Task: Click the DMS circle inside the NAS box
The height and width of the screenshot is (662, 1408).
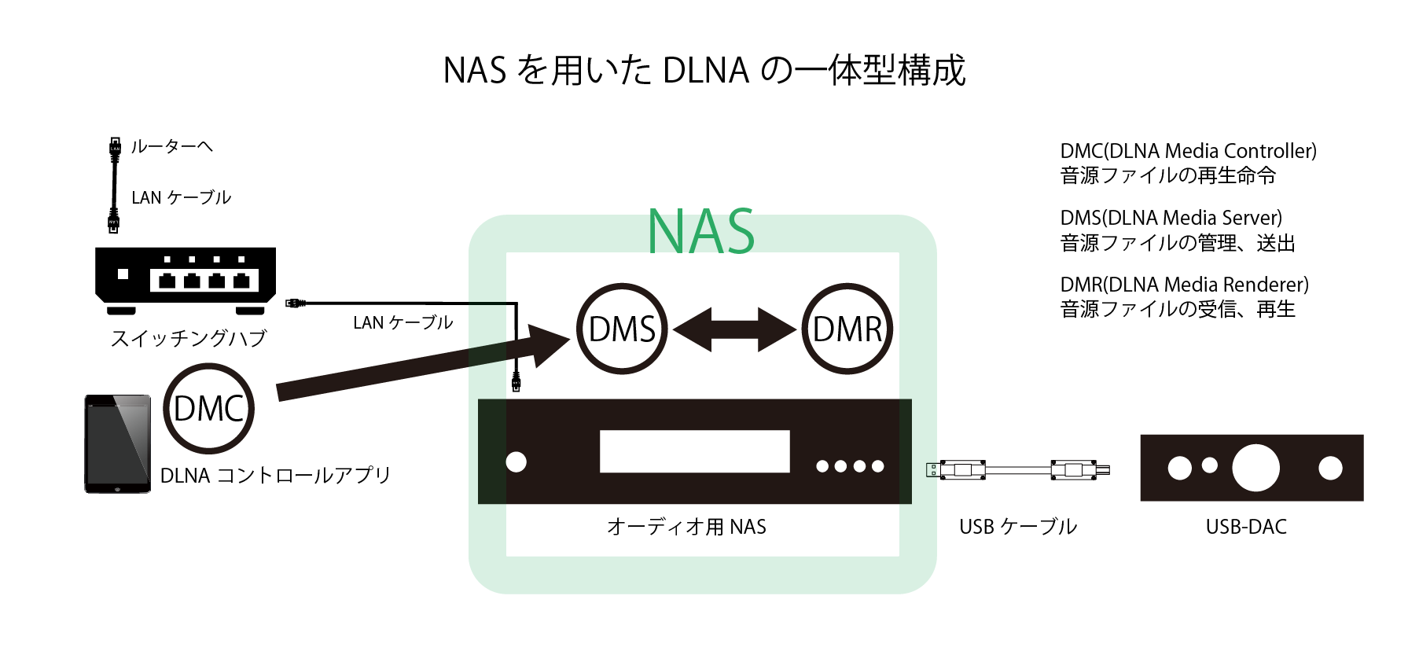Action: coord(622,329)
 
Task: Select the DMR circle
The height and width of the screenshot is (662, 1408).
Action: coord(847,329)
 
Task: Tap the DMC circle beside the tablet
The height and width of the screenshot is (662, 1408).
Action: coord(208,408)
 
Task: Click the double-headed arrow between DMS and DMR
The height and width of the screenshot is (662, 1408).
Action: coord(734,329)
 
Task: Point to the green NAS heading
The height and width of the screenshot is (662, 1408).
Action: coord(700,232)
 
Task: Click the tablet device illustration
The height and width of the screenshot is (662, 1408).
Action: coord(118,443)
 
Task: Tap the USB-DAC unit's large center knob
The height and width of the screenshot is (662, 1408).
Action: coord(1255,468)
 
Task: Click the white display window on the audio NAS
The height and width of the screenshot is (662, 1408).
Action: coord(694,451)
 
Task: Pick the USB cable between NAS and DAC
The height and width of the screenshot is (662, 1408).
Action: coord(1018,470)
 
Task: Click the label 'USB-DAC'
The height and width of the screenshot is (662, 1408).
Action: coord(1246,527)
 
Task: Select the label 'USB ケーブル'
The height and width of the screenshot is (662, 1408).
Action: coord(1018,527)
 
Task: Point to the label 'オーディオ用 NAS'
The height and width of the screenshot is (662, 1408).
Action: coord(686,527)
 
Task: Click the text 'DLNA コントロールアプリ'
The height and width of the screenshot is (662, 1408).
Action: coord(275,476)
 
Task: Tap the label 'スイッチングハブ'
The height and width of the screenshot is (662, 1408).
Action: coord(189,338)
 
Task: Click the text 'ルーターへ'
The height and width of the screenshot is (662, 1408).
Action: coord(171,147)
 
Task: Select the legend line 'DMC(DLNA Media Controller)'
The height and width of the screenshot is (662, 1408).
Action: coord(1188,151)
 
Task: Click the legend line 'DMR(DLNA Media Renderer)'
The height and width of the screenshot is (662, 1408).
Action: coord(1184,285)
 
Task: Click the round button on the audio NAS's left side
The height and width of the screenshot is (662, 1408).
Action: coord(516,462)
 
